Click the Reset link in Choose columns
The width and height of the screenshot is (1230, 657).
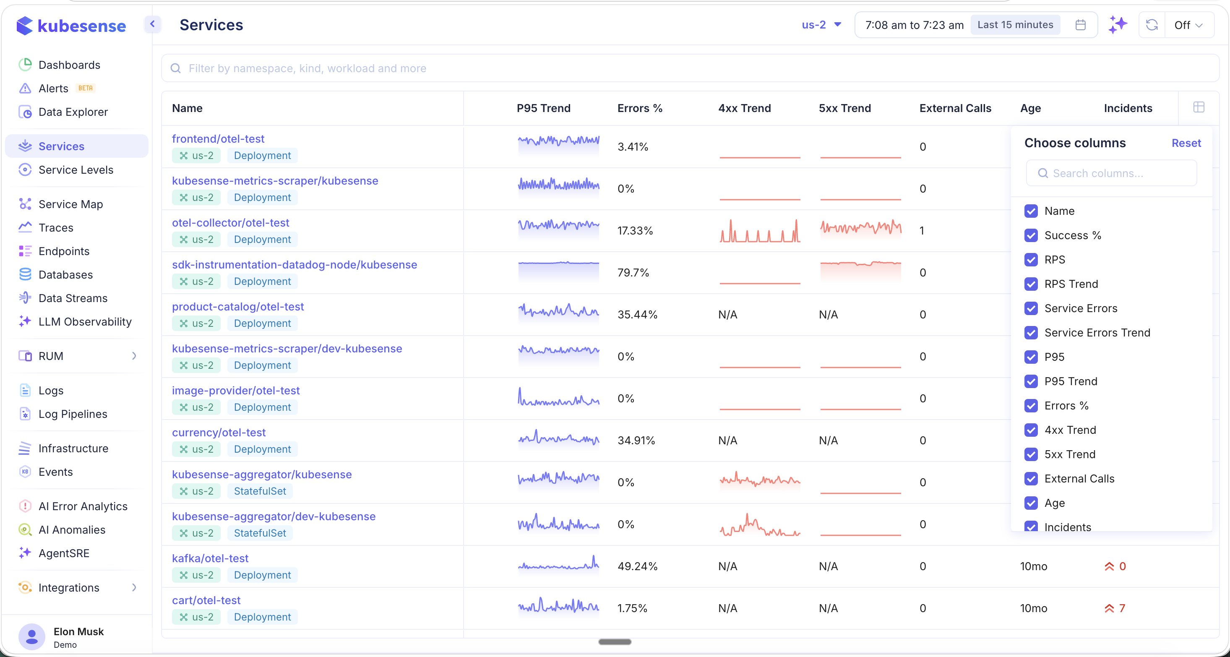pos(1186,143)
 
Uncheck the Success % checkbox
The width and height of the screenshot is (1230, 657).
pos(1031,235)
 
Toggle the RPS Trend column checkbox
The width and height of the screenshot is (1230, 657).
pos(1031,284)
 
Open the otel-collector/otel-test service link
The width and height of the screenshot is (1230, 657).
pos(230,223)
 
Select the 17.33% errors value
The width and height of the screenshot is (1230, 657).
pos(635,231)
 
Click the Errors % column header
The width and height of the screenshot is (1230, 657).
pos(639,108)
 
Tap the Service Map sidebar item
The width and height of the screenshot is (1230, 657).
pos(70,204)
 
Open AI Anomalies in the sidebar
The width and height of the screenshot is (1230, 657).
pos(72,530)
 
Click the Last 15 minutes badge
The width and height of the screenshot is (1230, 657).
pos(1015,25)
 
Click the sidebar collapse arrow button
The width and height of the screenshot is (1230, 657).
pos(152,24)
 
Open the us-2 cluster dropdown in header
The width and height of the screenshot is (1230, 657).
pos(821,25)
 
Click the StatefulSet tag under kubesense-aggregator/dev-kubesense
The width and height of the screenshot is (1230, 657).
pos(260,533)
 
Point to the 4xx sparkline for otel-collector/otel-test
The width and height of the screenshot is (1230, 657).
pos(759,231)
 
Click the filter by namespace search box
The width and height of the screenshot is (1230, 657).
pos(688,68)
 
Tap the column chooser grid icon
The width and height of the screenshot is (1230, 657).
pos(1198,107)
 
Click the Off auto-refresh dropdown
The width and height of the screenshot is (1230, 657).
pos(1188,25)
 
